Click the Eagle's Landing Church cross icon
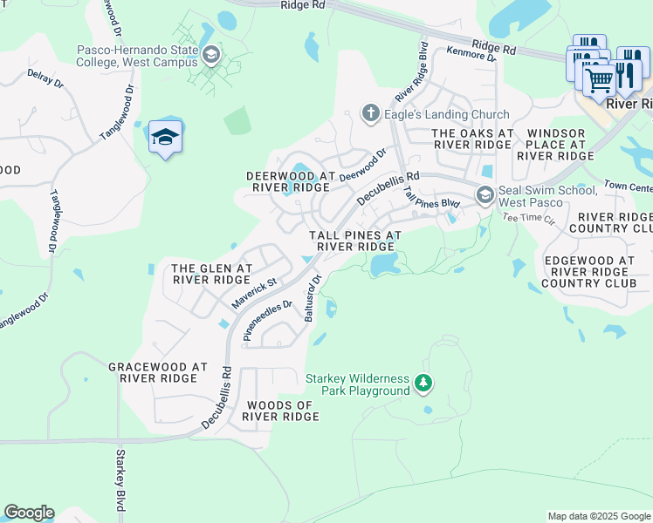371,114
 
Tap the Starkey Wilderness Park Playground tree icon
423,383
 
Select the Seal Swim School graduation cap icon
485,195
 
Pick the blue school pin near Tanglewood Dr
165,138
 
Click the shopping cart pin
599,81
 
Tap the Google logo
29,513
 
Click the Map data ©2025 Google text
599,516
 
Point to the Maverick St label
254,294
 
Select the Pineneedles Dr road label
267,321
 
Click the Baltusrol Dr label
313,298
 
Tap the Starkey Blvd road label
120,480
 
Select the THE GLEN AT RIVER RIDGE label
212,274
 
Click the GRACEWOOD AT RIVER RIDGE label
158,373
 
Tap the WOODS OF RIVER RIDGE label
281,411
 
